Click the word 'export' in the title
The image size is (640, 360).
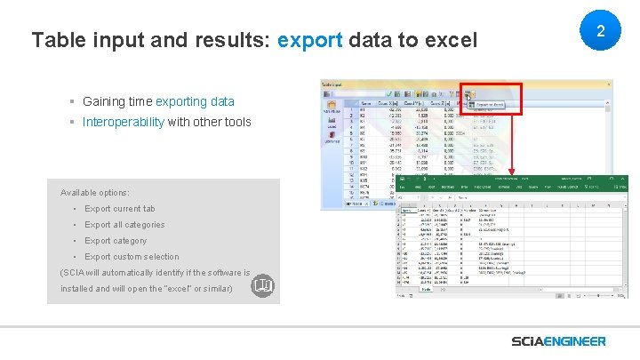coord(310,40)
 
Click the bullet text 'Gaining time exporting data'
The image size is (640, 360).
coord(158,101)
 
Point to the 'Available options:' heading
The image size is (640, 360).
coord(94,193)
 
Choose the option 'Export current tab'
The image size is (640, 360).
coord(119,209)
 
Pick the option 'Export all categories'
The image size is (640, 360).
coord(124,225)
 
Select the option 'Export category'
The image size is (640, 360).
coord(116,241)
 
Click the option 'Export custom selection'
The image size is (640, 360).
coord(132,257)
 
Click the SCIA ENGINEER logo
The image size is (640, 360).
coord(558,341)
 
